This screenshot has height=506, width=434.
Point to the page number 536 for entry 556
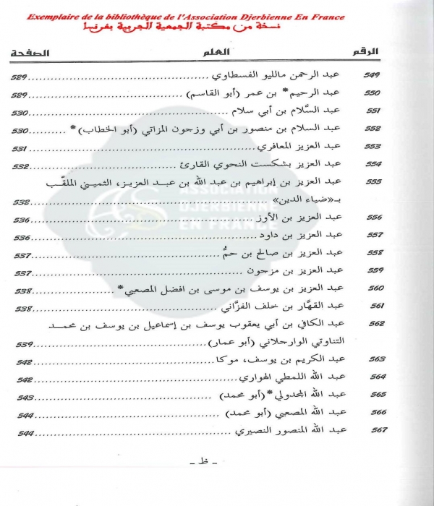[x=22, y=220]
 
